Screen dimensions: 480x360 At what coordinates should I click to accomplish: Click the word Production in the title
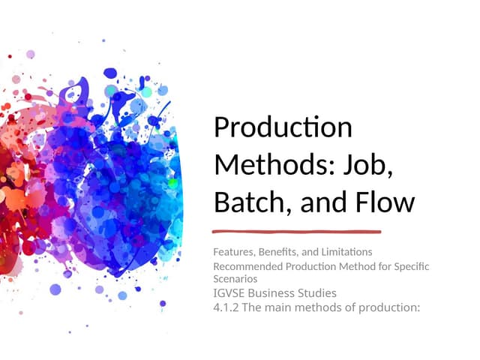(x=283, y=127)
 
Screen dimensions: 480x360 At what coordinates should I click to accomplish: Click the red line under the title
(x=297, y=232)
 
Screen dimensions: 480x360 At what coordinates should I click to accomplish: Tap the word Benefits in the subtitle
(x=278, y=252)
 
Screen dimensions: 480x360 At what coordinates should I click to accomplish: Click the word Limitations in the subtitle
(x=346, y=252)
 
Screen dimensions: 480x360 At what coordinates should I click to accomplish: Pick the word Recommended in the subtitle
(x=248, y=266)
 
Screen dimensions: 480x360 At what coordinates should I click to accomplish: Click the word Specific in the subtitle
(x=412, y=267)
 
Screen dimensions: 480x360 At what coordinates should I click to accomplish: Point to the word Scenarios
(x=235, y=279)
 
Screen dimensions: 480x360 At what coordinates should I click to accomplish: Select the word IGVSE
(x=229, y=293)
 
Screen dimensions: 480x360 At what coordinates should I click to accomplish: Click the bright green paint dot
(x=173, y=184)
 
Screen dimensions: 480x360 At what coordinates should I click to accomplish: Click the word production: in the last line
(x=389, y=307)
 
